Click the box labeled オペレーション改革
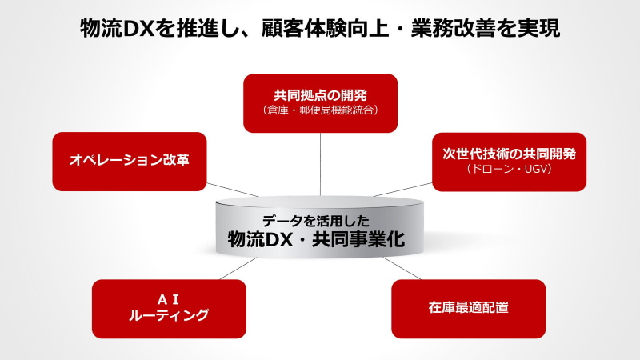130,162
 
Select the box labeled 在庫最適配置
469,309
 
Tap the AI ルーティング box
169,309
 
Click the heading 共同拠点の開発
321,95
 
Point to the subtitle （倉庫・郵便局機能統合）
321,110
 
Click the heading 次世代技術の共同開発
510,154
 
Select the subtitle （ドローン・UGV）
510,169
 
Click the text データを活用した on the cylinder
315,221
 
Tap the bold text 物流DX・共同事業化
316,239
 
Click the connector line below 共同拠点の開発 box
321,165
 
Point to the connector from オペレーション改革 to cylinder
233,190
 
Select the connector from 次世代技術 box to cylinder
402,190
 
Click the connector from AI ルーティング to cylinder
238,269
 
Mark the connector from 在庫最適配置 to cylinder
402,269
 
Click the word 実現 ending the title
538,29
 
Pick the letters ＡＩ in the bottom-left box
169,300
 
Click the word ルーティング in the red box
169,315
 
